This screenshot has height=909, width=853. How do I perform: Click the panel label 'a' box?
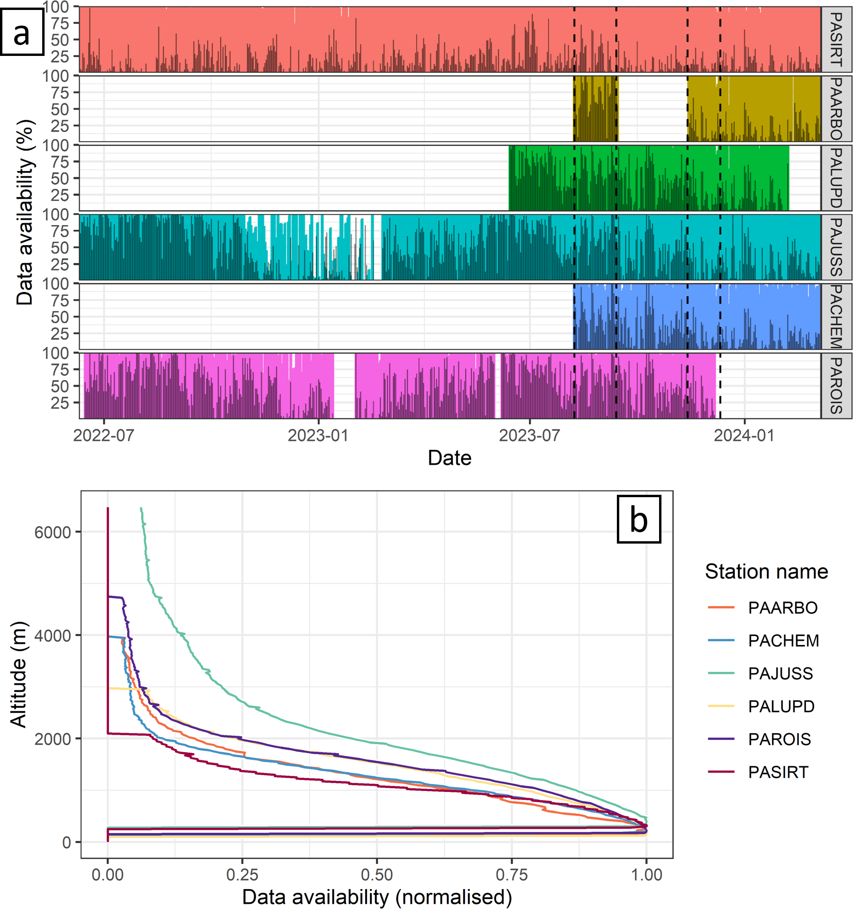pyautogui.click(x=22, y=32)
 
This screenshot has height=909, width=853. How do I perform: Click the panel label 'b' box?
pyautogui.click(x=638, y=519)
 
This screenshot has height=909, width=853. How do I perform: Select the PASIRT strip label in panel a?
pyautogui.click(x=836, y=40)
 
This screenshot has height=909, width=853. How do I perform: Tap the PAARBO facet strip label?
pyautogui.click(x=836, y=109)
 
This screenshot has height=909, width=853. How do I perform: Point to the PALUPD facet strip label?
pyautogui.click(x=836, y=178)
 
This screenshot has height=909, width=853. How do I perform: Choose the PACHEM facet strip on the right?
pyautogui.click(x=836, y=317)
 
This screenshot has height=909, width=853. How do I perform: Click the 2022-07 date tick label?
pyautogui.click(x=103, y=435)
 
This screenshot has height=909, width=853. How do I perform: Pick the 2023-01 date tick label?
pyautogui.click(x=318, y=435)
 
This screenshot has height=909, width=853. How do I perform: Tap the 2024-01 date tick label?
pyautogui.click(x=744, y=435)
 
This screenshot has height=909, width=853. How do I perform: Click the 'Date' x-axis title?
pyautogui.click(x=449, y=458)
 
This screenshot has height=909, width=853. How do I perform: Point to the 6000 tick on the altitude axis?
pyautogui.click(x=52, y=532)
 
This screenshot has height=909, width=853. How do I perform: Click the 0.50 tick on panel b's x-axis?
pyautogui.click(x=377, y=874)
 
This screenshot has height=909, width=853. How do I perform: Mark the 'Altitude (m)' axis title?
pyautogui.click(x=19, y=674)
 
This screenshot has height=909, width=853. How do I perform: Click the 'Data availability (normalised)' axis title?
pyautogui.click(x=377, y=897)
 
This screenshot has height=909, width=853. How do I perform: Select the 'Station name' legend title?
pyautogui.click(x=766, y=572)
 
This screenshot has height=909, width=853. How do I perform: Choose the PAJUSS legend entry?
pyautogui.click(x=780, y=673)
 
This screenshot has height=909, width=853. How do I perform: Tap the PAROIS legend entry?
pyautogui.click(x=780, y=739)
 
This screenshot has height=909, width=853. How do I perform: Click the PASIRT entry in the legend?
pyautogui.click(x=778, y=772)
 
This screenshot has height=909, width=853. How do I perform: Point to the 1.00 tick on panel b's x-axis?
pyautogui.click(x=646, y=874)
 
